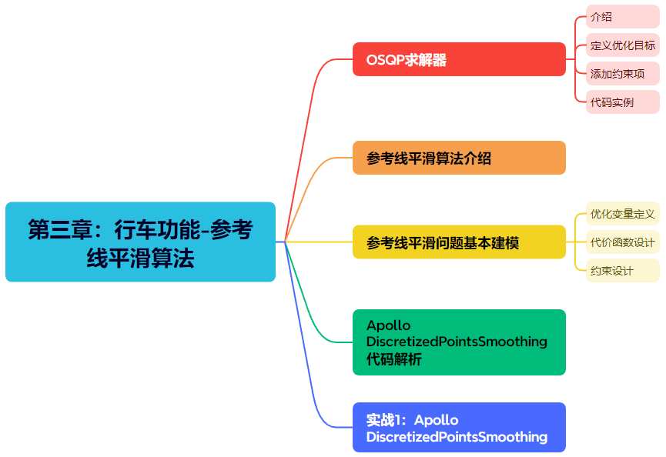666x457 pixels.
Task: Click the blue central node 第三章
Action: (x=140, y=242)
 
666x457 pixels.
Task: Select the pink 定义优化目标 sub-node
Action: (x=622, y=45)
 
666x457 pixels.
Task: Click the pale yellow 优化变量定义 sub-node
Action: (x=622, y=213)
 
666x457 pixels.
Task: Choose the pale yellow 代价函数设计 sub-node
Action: (x=622, y=242)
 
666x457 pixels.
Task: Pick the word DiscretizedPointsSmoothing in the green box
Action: (x=457, y=341)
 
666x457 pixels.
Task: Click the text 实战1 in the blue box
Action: (x=385, y=420)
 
